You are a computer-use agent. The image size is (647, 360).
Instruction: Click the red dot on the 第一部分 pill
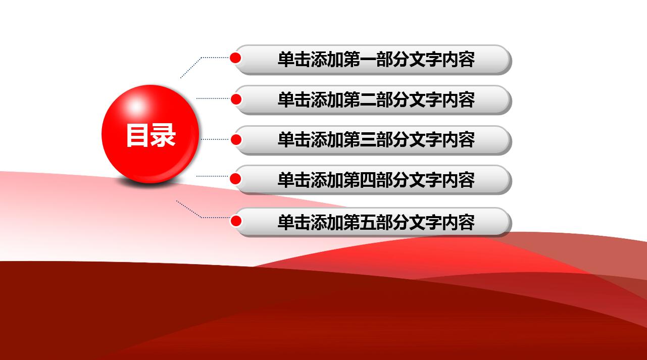click(x=235, y=58)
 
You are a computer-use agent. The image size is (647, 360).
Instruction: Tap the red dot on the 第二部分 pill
click(x=236, y=99)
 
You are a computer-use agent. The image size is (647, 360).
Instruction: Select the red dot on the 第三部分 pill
click(x=236, y=139)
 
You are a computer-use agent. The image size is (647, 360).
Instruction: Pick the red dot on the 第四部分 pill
click(x=235, y=178)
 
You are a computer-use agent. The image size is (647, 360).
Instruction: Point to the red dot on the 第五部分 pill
click(x=235, y=221)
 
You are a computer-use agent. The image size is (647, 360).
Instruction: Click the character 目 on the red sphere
click(x=137, y=136)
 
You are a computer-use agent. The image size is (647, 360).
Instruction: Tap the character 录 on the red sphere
click(x=163, y=136)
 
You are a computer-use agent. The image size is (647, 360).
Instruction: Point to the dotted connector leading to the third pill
click(x=215, y=139)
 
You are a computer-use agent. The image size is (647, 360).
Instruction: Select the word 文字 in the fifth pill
click(x=425, y=222)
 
